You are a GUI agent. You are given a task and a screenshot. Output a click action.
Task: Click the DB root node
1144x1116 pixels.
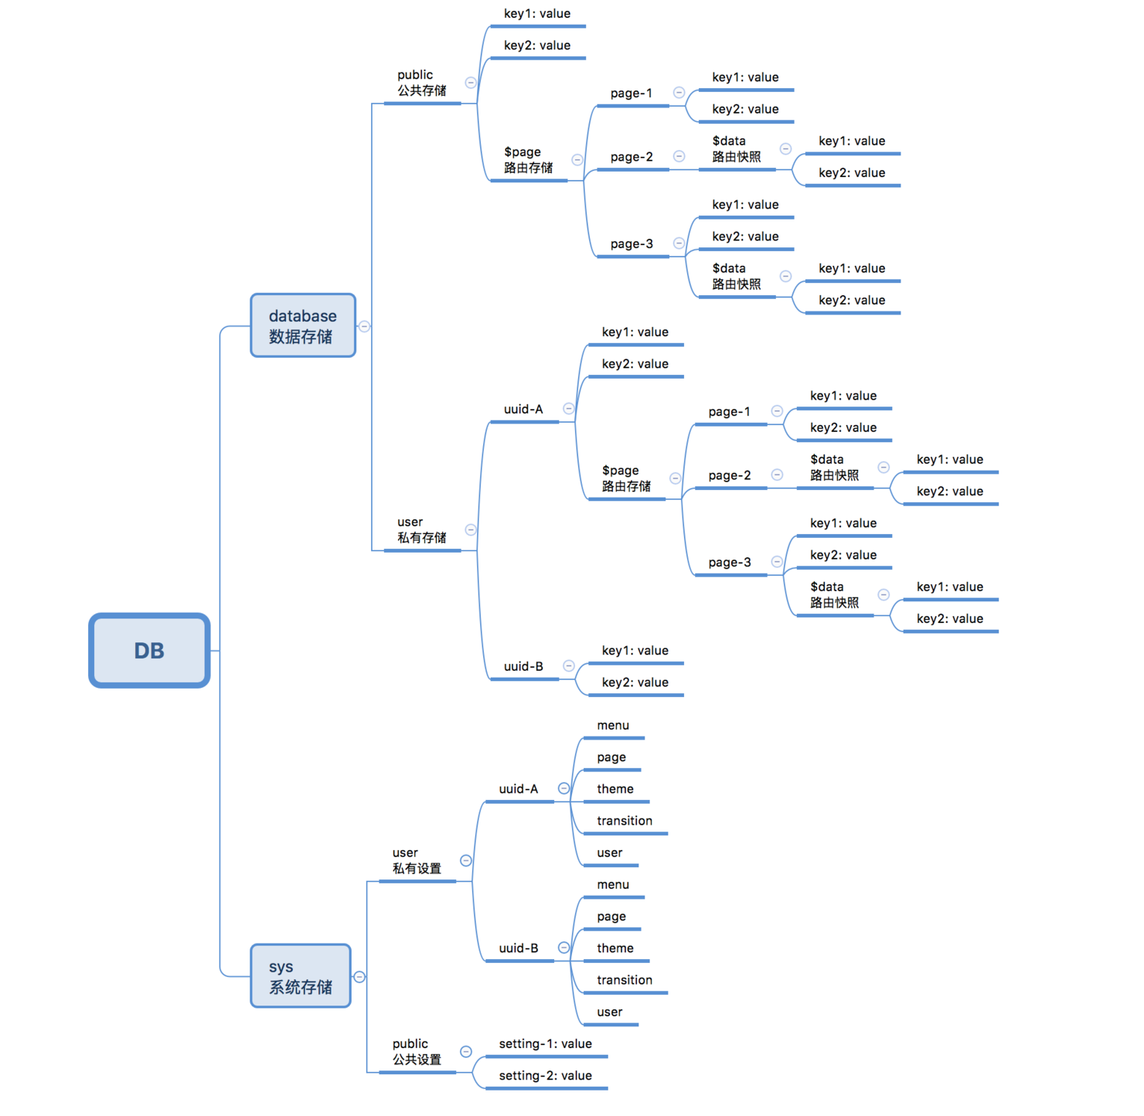pyautogui.click(x=149, y=650)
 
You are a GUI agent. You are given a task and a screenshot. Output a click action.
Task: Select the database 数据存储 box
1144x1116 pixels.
pyautogui.click(x=303, y=325)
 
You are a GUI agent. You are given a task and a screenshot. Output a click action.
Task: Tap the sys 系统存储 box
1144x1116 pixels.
pyautogui.click(x=301, y=976)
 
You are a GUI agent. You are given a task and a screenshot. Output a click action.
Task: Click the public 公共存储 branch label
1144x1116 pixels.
pyautogui.click(x=421, y=83)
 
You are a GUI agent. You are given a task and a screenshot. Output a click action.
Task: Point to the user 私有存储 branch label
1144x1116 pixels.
pyautogui.click(x=421, y=530)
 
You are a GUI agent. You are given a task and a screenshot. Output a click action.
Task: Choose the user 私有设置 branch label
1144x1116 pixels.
pyautogui.click(x=417, y=861)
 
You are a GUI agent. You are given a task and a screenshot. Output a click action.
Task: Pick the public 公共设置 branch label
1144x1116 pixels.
pyautogui.click(x=417, y=1052)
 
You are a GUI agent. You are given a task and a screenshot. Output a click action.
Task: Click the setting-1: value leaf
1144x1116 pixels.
pyautogui.click(x=545, y=1044)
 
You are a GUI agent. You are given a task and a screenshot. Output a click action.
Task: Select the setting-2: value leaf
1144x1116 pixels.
pyautogui.click(x=545, y=1076)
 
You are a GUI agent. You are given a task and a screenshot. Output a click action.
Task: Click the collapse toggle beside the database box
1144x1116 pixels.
pyautogui.click(x=364, y=326)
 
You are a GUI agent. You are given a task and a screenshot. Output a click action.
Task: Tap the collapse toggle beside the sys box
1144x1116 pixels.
pyautogui.click(x=359, y=977)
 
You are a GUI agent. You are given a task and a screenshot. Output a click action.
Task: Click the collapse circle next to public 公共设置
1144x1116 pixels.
pyautogui.click(x=466, y=1052)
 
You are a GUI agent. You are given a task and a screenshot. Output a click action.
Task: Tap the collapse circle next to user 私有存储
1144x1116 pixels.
pyautogui.click(x=471, y=530)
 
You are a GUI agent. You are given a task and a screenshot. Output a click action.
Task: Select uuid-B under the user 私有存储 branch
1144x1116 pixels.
pyautogui.click(x=523, y=666)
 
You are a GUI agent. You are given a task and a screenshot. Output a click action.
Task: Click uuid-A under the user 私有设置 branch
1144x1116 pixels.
pyautogui.click(x=518, y=789)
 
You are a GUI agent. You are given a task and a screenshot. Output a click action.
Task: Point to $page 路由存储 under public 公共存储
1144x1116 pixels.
pyautogui.click(x=528, y=160)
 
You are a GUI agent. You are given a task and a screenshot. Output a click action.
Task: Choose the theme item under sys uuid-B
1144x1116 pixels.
pyautogui.click(x=615, y=948)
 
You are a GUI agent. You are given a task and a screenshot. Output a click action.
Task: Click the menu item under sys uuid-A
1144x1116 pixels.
pyautogui.click(x=613, y=726)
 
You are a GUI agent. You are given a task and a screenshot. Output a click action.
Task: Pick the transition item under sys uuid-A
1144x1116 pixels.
pyautogui.click(x=624, y=821)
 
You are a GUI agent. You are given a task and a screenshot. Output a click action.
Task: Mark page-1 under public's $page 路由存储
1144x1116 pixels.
pyautogui.click(x=631, y=94)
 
